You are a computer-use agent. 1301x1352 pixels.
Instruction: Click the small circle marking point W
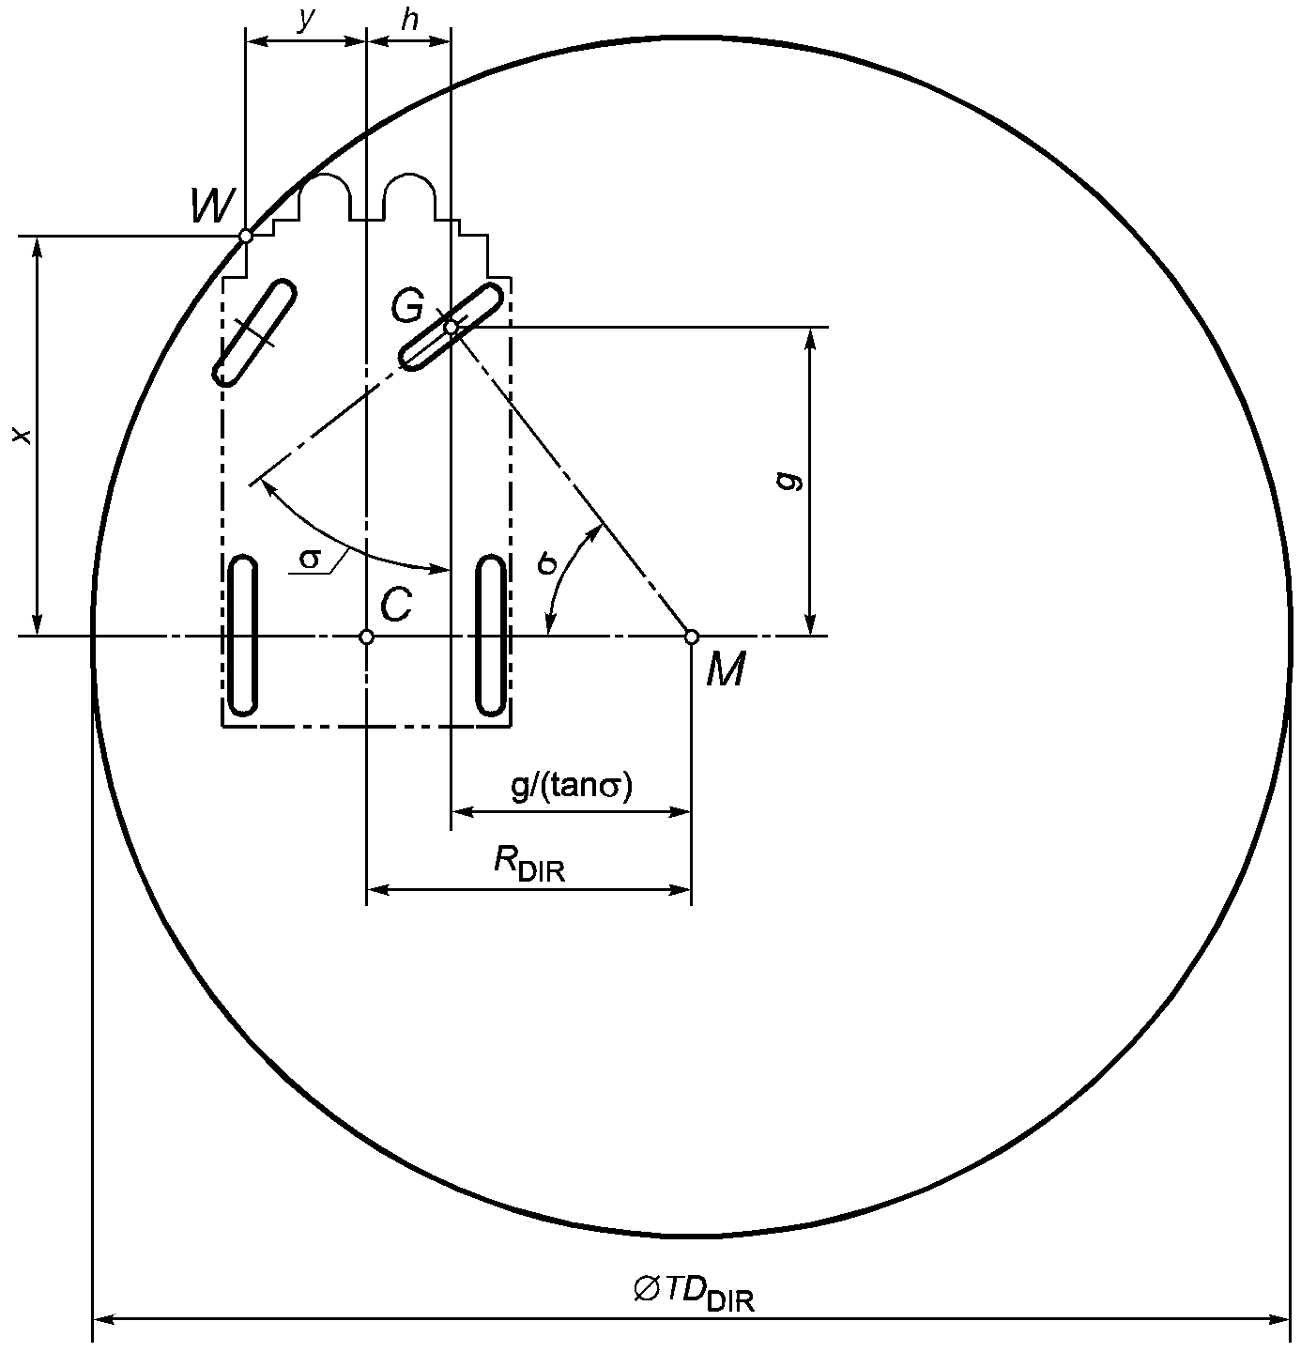pos(245,237)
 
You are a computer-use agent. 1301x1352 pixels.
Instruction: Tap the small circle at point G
pos(451,327)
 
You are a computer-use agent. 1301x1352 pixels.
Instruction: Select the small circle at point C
pos(367,637)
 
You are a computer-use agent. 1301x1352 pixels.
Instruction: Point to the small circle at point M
pos(691,637)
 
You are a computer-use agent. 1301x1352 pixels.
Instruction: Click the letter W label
pos(213,206)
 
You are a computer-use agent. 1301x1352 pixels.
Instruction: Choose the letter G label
pos(407,306)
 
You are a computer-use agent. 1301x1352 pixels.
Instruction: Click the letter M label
pos(726,669)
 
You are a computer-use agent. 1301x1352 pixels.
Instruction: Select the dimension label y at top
pos(306,20)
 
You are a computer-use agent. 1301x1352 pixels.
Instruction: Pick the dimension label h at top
pos(410,20)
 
